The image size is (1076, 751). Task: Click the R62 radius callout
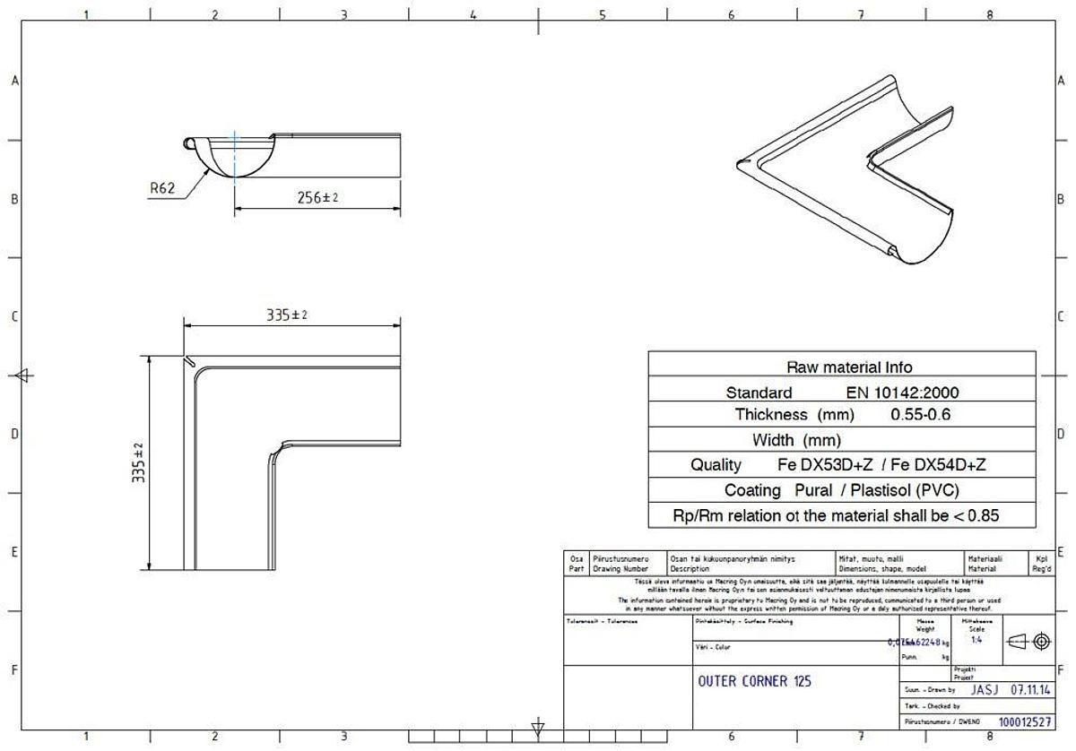(162, 188)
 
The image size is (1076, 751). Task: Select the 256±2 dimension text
(317, 198)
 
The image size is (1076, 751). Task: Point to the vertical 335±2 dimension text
(139, 462)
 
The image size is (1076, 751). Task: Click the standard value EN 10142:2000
(902, 393)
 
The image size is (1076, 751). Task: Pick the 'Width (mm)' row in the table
(796, 440)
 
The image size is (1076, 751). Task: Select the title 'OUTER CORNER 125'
(754, 681)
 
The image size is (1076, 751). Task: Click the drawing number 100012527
(1024, 721)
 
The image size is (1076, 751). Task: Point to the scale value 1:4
(976, 640)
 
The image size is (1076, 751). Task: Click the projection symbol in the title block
(1028, 641)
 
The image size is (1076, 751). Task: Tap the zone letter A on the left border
(14, 81)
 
